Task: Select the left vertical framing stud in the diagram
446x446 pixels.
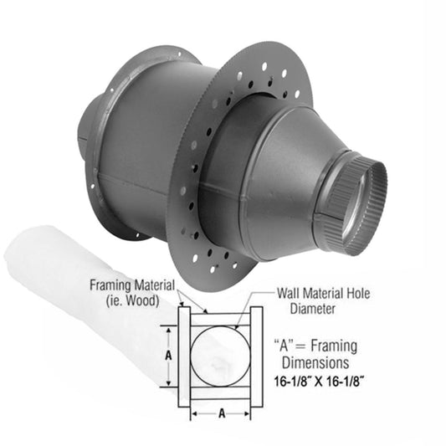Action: [x=185, y=355]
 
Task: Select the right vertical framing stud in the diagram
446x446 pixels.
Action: [x=256, y=355]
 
